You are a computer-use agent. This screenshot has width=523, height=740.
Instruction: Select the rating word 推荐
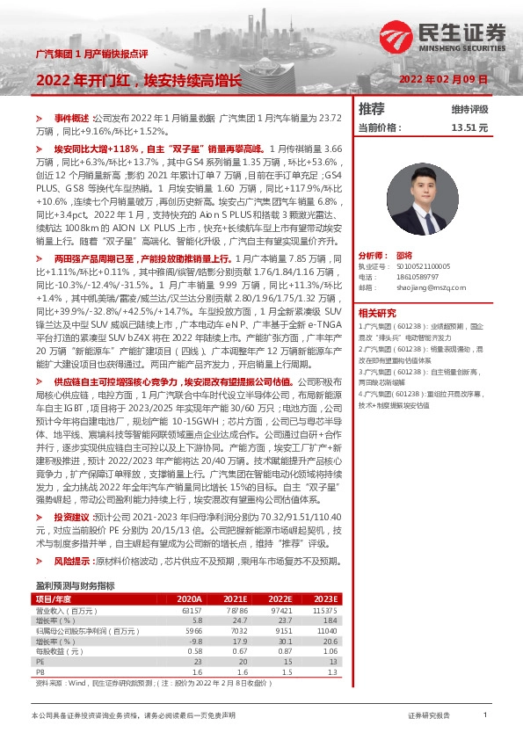point(372,110)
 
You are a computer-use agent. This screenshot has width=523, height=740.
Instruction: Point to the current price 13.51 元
point(469,127)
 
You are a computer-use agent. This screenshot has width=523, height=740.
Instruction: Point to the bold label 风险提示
point(72,560)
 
